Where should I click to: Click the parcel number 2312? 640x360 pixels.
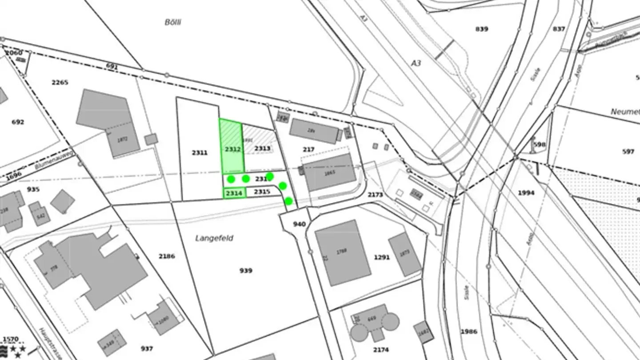pyautogui.click(x=232, y=149)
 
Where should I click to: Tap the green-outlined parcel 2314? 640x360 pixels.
pyautogui.click(x=234, y=193)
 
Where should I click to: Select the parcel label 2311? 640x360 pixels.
pyautogui.click(x=200, y=153)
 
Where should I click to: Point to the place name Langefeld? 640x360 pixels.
pyautogui.click(x=214, y=238)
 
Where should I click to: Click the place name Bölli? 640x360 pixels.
pyautogui.click(x=173, y=22)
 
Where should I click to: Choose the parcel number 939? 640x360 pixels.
pyautogui.click(x=246, y=271)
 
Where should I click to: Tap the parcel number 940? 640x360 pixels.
pyautogui.click(x=300, y=224)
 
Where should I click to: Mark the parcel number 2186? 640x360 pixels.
pyautogui.click(x=167, y=256)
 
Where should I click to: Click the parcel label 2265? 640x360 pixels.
pyautogui.click(x=60, y=82)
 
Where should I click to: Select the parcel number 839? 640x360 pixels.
pyautogui.click(x=482, y=29)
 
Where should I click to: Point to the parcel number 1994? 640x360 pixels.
pyautogui.click(x=526, y=193)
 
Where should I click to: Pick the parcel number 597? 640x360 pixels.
pyautogui.click(x=628, y=152)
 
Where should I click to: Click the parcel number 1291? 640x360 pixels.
pyautogui.click(x=382, y=257)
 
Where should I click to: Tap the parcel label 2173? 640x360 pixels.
pyautogui.click(x=376, y=195)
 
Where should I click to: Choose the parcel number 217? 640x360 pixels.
pyautogui.click(x=308, y=150)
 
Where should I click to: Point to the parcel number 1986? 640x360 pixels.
pyautogui.click(x=469, y=332)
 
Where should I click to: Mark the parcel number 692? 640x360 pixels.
pyautogui.click(x=18, y=122)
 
